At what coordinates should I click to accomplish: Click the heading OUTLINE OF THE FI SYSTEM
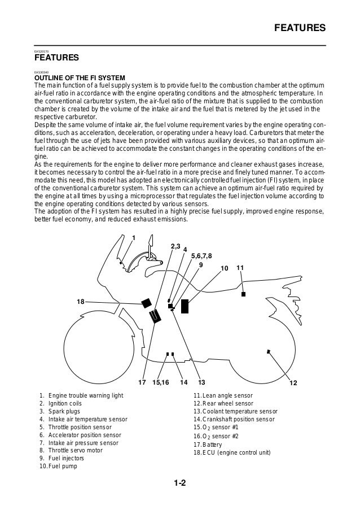(80, 77)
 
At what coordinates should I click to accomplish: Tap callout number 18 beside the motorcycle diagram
(81, 302)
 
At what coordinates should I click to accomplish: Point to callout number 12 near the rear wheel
(293, 383)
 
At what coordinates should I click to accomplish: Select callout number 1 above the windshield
(134, 237)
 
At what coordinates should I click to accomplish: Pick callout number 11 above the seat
(240, 267)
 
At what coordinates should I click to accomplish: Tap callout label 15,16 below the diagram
(161, 383)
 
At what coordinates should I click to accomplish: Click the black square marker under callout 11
(243, 294)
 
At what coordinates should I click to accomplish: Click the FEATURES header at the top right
(298, 27)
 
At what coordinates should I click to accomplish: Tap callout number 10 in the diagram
(224, 268)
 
